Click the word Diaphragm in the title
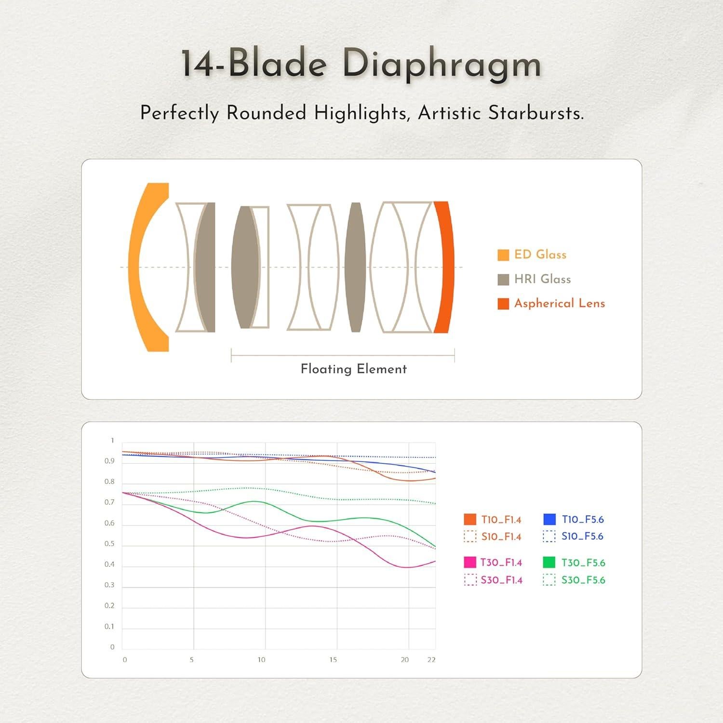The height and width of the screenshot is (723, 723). [x=442, y=65]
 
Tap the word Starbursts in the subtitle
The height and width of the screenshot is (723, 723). [x=536, y=113]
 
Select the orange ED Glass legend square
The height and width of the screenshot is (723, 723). [x=503, y=255]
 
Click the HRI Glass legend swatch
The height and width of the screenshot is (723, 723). [x=503, y=280]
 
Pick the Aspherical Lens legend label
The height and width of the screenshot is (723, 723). [x=560, y=303]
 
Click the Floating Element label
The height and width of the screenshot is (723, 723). [x=354, y=369]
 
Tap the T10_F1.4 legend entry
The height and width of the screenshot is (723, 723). [x=493, y=519]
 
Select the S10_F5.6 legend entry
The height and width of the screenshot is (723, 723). [x=573, y=536]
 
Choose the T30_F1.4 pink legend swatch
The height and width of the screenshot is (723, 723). [x=470, y=562]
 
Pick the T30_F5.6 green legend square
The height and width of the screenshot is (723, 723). [x=549, y=562]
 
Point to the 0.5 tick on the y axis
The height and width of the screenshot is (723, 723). [x=110, y=544]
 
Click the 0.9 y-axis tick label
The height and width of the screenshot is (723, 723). [x=110, y=461]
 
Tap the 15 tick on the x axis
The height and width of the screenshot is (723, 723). [x=333, y=659]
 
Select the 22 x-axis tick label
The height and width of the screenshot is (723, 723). [x=431, y=659]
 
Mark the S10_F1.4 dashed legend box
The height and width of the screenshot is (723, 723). [x=470, y=536]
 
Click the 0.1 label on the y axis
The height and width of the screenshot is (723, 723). [x=110, y=627]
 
